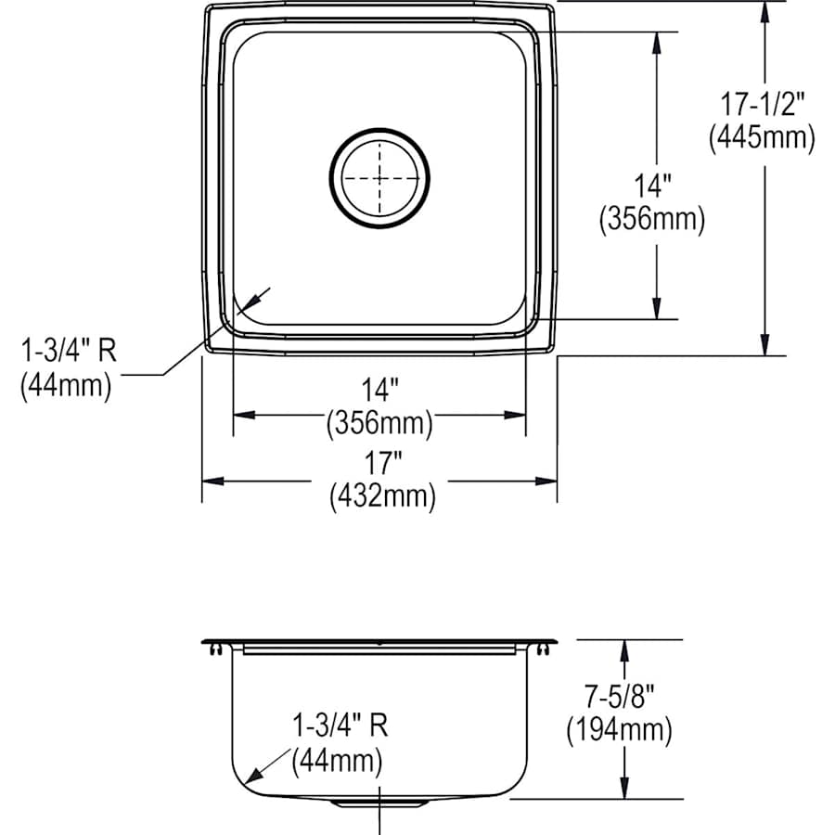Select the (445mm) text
762,137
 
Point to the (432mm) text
381,496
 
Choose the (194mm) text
618,730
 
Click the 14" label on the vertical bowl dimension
652,187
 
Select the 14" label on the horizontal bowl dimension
379,391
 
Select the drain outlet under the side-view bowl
379,802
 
